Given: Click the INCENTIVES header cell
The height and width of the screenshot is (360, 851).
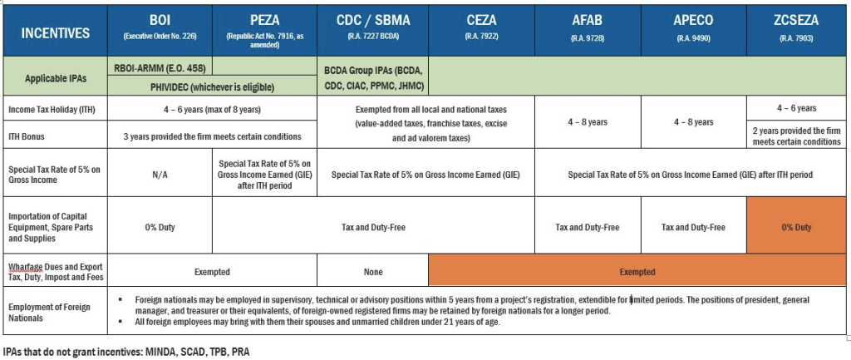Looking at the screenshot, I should [x=55, y=32].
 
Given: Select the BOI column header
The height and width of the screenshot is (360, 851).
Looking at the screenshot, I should [x=160, y=27].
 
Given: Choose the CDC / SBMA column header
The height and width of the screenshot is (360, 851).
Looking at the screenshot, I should [x=373, y=27].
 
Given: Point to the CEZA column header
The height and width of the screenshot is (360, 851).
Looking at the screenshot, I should [x=481, y=27].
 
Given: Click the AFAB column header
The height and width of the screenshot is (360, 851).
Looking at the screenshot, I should [x=588, y=27].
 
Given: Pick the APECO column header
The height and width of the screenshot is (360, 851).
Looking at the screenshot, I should [x=693, y=27].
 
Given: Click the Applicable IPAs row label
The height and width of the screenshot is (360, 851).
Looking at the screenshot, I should [x=55, y=77].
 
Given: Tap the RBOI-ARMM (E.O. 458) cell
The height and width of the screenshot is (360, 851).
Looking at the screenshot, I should [x=160, y=67].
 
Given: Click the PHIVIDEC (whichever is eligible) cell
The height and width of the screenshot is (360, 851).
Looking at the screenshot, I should [x=213, y=86].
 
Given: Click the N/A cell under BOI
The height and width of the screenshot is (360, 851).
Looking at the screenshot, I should [x=160, y=175].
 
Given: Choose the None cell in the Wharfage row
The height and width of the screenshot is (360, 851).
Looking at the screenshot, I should [x=373, y=271].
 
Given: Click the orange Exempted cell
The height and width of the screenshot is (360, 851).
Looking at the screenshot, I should [x=637, y=271].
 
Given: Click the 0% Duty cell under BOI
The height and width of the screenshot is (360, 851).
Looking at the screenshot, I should [x=160, y=227].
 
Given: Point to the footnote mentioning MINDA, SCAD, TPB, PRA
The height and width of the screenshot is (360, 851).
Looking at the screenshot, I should [x=125, y=352].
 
